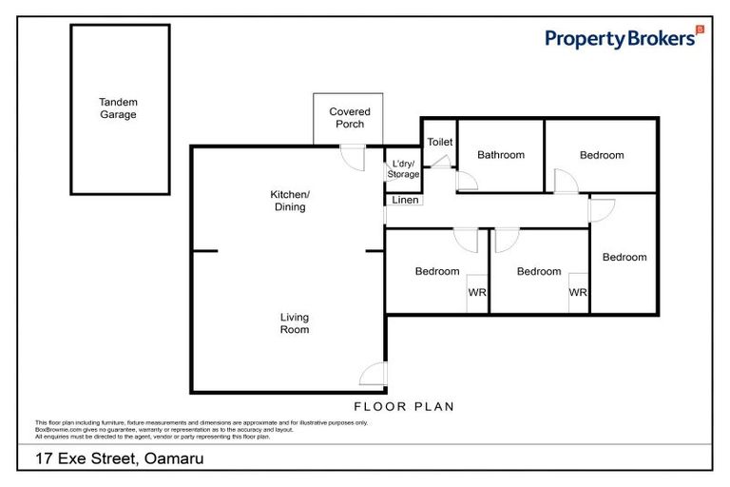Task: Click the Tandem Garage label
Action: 119,107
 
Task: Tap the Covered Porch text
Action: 350,118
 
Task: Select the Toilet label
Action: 439,142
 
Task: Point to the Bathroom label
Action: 500,155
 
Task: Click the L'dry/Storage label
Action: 402,168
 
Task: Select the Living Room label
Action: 294,323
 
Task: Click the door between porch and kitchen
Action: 353,156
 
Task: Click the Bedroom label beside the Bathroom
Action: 602,155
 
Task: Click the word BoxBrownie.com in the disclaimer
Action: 59,430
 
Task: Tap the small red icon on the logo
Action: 701,31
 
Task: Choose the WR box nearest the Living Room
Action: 476,293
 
